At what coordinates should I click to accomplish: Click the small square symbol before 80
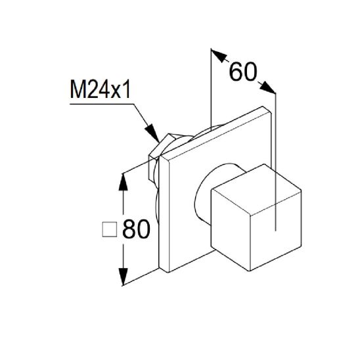[110, 230]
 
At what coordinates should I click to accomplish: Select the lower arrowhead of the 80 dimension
[123, 277]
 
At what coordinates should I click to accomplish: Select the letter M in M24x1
[76, 89]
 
